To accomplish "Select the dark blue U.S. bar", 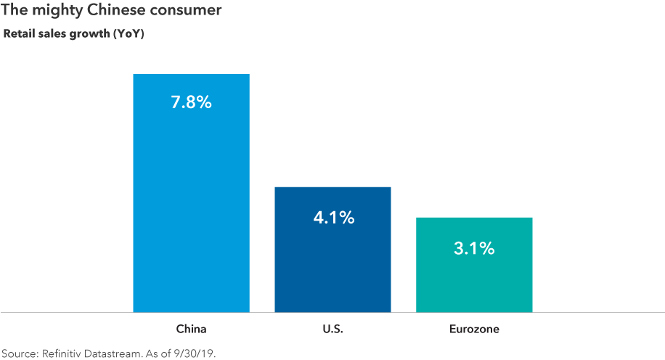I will pos(332,269).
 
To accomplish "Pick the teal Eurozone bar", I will pos(474,283).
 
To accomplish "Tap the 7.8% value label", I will pos(191,102).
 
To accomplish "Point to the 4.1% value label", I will pos(333,216).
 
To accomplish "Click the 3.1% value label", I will pos(474,248).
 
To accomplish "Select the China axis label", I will pos(191,329).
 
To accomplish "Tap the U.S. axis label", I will pos(332,329).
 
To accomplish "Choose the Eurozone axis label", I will pos(474,329).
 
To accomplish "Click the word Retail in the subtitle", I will pos(20,33).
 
